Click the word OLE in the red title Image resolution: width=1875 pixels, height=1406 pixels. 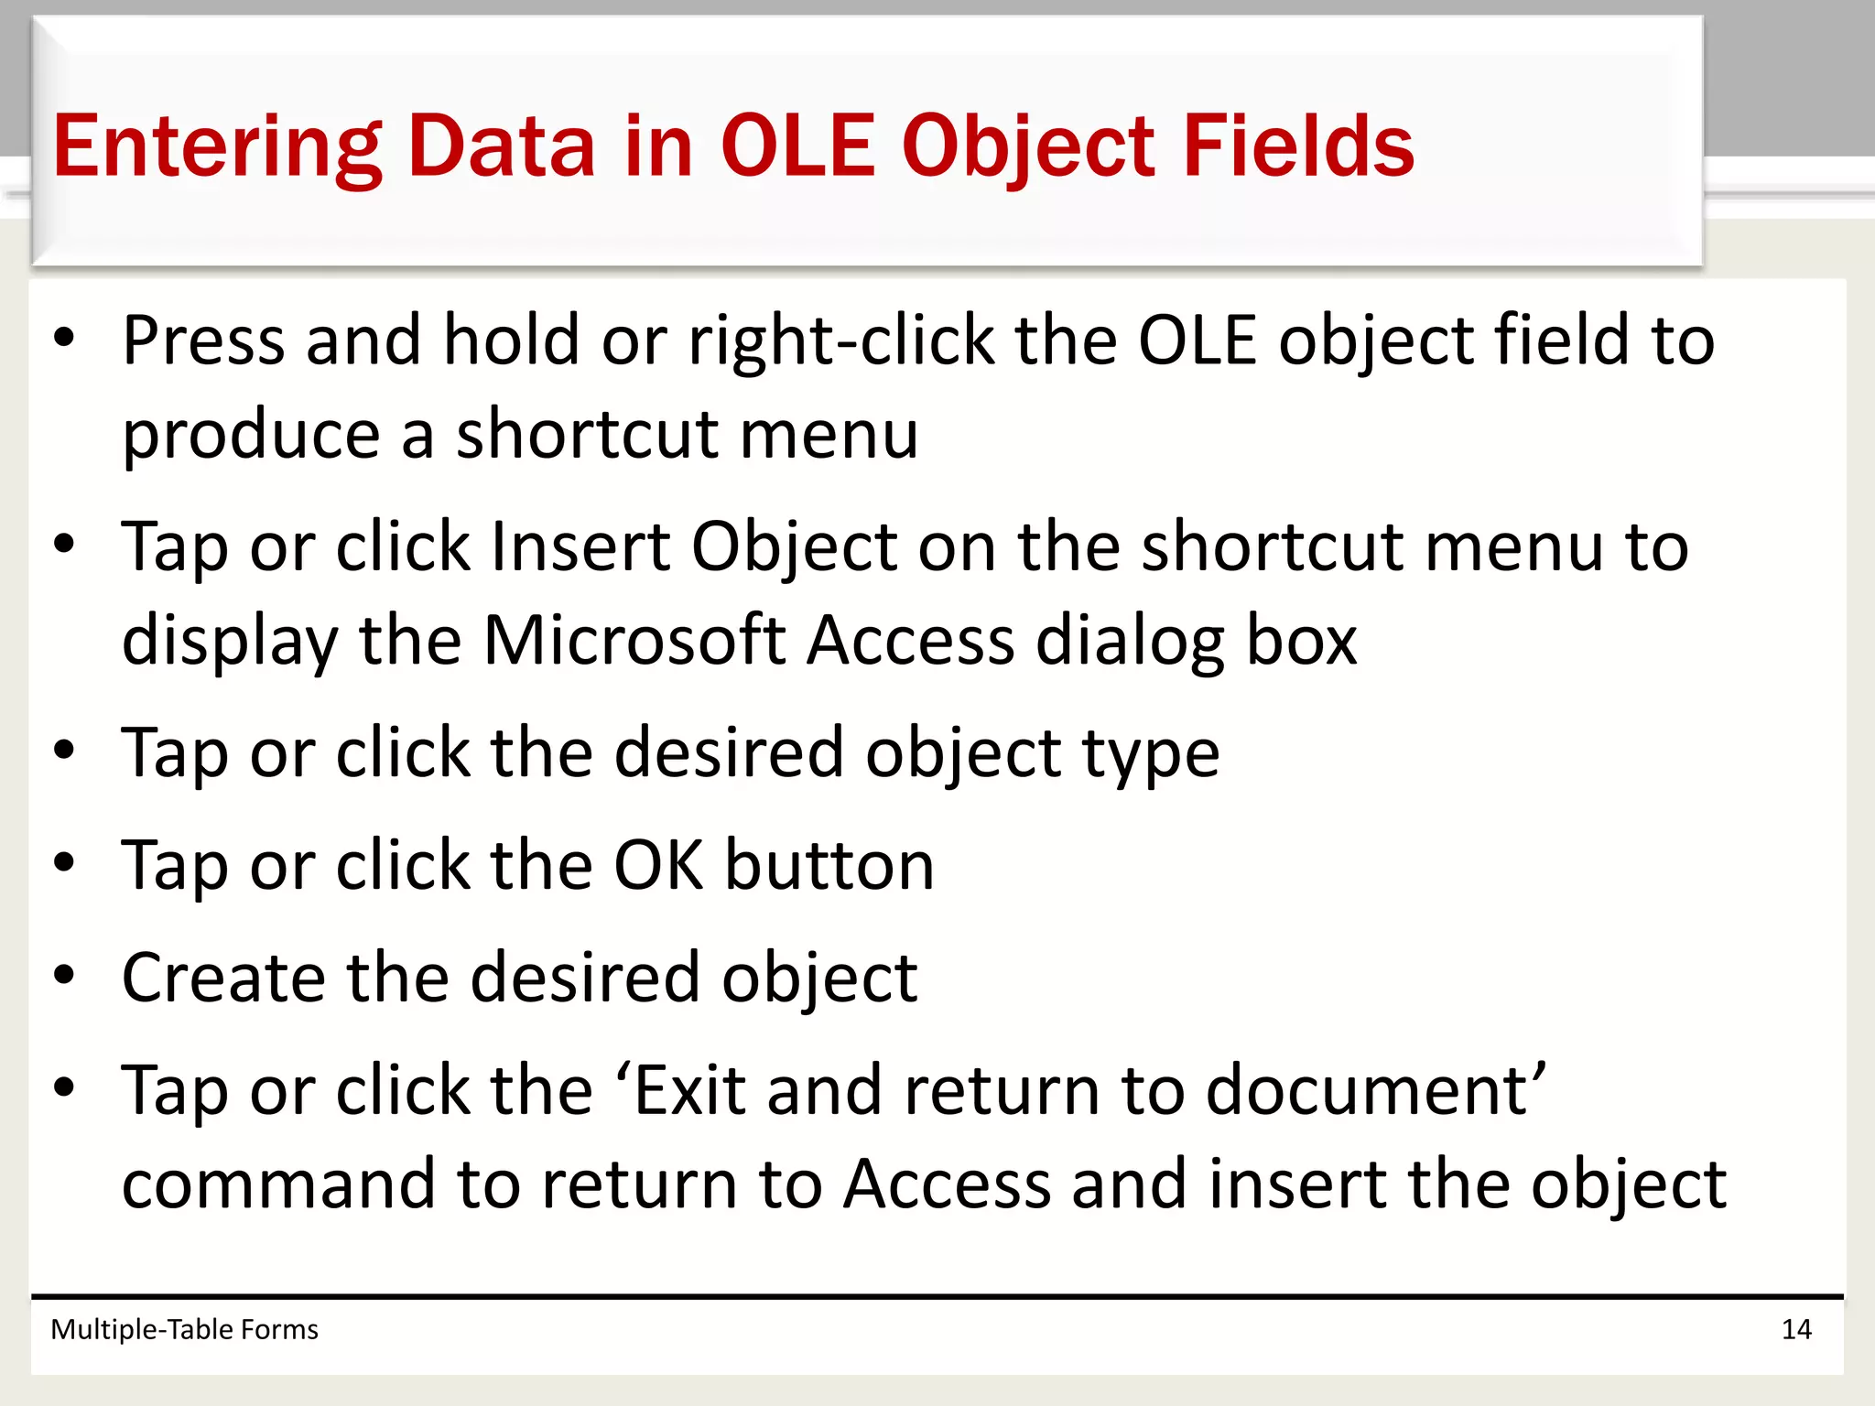click(x=797, y=146)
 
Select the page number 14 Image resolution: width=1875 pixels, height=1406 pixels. click(x=1796, y=1329)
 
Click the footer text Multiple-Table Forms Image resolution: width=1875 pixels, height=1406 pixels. click(x=184, y=1329)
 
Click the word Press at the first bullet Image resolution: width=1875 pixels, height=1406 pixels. click(x=203, y=341)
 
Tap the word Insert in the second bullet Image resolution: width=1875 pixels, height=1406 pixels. click(x=580, y=547)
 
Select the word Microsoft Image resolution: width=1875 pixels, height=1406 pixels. click(x=634, y=640)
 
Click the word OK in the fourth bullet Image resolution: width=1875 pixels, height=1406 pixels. click(x=658, y=865)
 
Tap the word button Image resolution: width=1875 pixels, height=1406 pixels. click(x=829, y=865)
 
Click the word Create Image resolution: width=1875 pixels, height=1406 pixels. click(x=222, y=978)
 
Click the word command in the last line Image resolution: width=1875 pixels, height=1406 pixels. click(x=277, y=1184)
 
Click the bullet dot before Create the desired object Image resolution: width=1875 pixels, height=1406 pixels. click(x=63, y=976)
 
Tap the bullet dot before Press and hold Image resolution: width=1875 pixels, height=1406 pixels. click(x=63, y=339)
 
